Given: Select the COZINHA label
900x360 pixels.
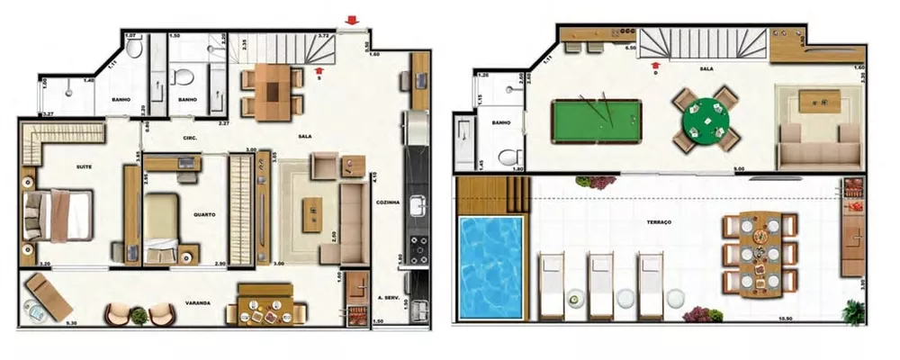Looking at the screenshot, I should (388, 203).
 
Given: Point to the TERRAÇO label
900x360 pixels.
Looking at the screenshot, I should (659, 221).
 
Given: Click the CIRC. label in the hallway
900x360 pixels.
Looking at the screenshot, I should (189, 138).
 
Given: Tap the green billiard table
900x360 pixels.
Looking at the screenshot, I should (597, 119).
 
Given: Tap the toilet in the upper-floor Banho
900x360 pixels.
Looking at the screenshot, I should (509, 155).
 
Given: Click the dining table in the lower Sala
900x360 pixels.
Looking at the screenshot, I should (272, 90).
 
